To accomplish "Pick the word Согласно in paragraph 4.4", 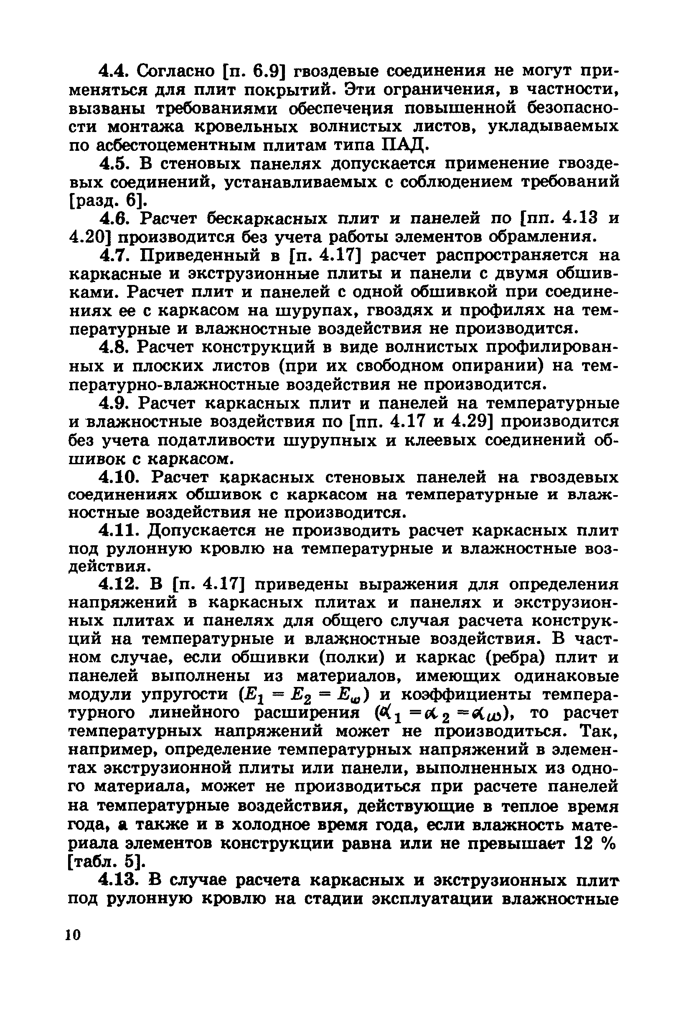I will (176, 71).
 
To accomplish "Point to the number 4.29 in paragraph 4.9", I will (472, 422).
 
